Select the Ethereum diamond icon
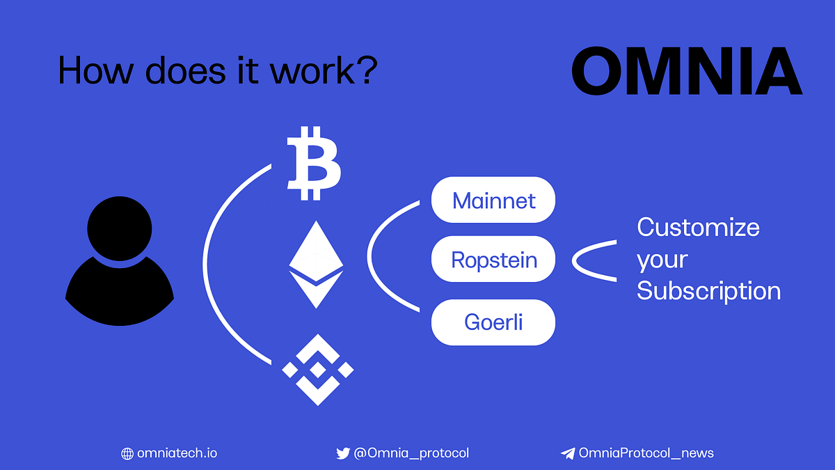(316, 265)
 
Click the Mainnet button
(493, 201)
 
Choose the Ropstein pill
(493, 260)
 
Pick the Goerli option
(493, 322)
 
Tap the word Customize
(698, 227)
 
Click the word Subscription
(708, 290)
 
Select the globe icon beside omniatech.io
(127, 453)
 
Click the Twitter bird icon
(343, 453)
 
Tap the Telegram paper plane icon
(568, 453)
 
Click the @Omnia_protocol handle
(411, 453)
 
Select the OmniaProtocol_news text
(646, 453)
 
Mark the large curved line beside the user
(207, 263)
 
